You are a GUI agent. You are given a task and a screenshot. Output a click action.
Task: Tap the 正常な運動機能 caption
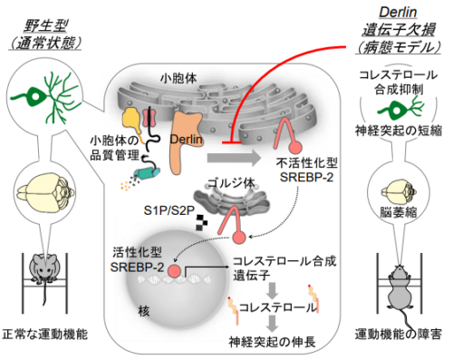[45, 336]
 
